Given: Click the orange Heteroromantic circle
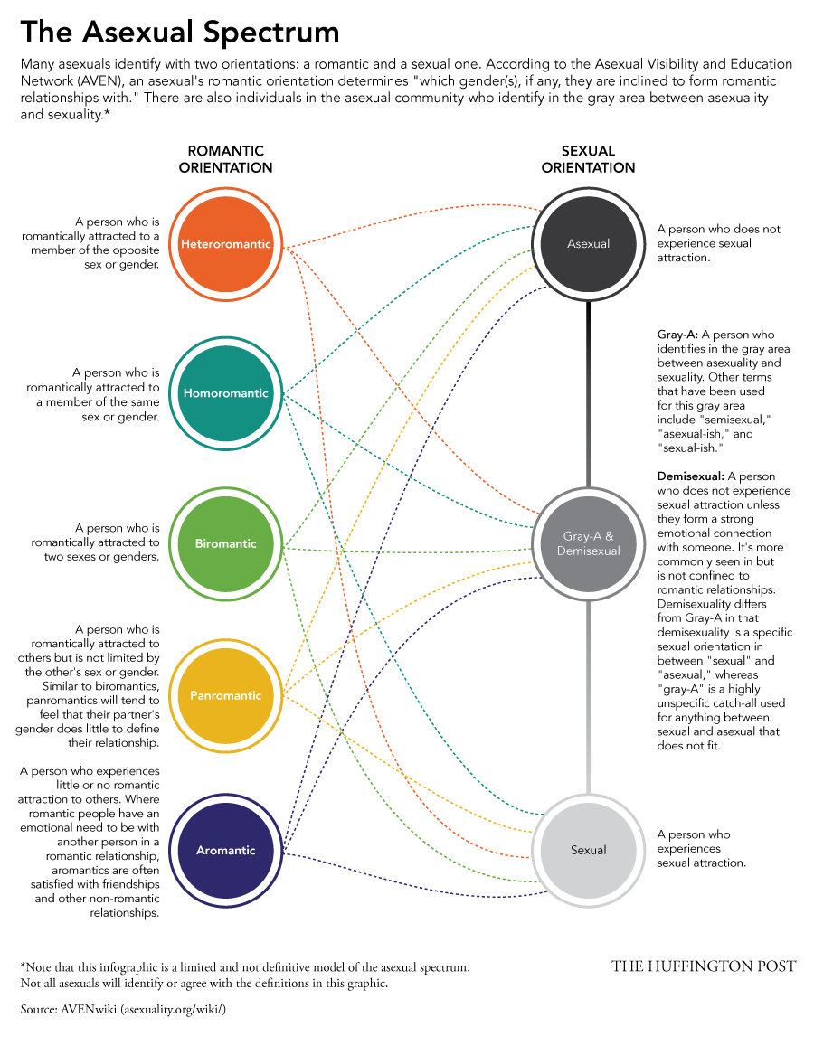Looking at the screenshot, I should pos(225,244).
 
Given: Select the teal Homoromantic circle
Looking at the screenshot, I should pos(225,393).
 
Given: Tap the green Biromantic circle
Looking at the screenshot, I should pos(225,543).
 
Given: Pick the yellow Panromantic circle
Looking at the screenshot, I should pos(225,695).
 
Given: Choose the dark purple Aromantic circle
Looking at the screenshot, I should pos(225,850).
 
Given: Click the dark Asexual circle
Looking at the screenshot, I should pos(588,243).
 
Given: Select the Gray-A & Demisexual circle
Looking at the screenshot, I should pos(588,543).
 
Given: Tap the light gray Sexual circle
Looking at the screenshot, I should pos(588,850).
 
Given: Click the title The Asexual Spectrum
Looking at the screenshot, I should pos(180,33).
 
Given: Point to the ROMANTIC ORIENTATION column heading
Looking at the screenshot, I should pos(225,159).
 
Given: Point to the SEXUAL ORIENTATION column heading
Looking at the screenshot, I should pos(588,159).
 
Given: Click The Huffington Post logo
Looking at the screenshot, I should pos(703,966).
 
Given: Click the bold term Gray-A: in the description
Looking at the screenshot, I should pos(677,335).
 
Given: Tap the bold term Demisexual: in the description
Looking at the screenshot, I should pos(690,476).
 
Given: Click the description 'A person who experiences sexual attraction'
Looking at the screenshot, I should pos(701,848).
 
